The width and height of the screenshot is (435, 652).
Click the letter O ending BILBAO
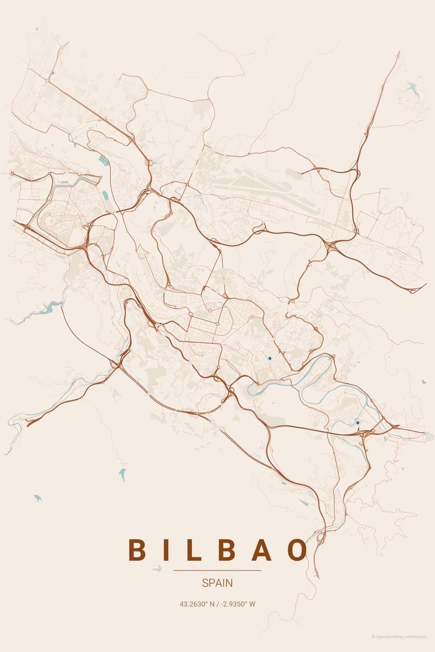pyautogui.click(x=298, y=550)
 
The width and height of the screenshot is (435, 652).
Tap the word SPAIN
pyautogui.click(x=217, y=583)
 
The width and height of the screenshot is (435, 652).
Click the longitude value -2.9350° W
pyautogui.click(x=239, y=604)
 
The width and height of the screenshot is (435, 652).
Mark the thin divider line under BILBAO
pyautogui.click(x=217, y=570)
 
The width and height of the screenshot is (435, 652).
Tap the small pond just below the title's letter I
pyautogui.click(x=157, y=568)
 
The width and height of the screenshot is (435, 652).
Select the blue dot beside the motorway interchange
pyautogui.click(x=358, y=423)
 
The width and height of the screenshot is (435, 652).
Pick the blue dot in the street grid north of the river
pyautogui.click(x=270, y=359)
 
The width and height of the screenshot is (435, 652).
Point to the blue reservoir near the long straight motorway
pyautogui.click(x=103, y=160)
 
